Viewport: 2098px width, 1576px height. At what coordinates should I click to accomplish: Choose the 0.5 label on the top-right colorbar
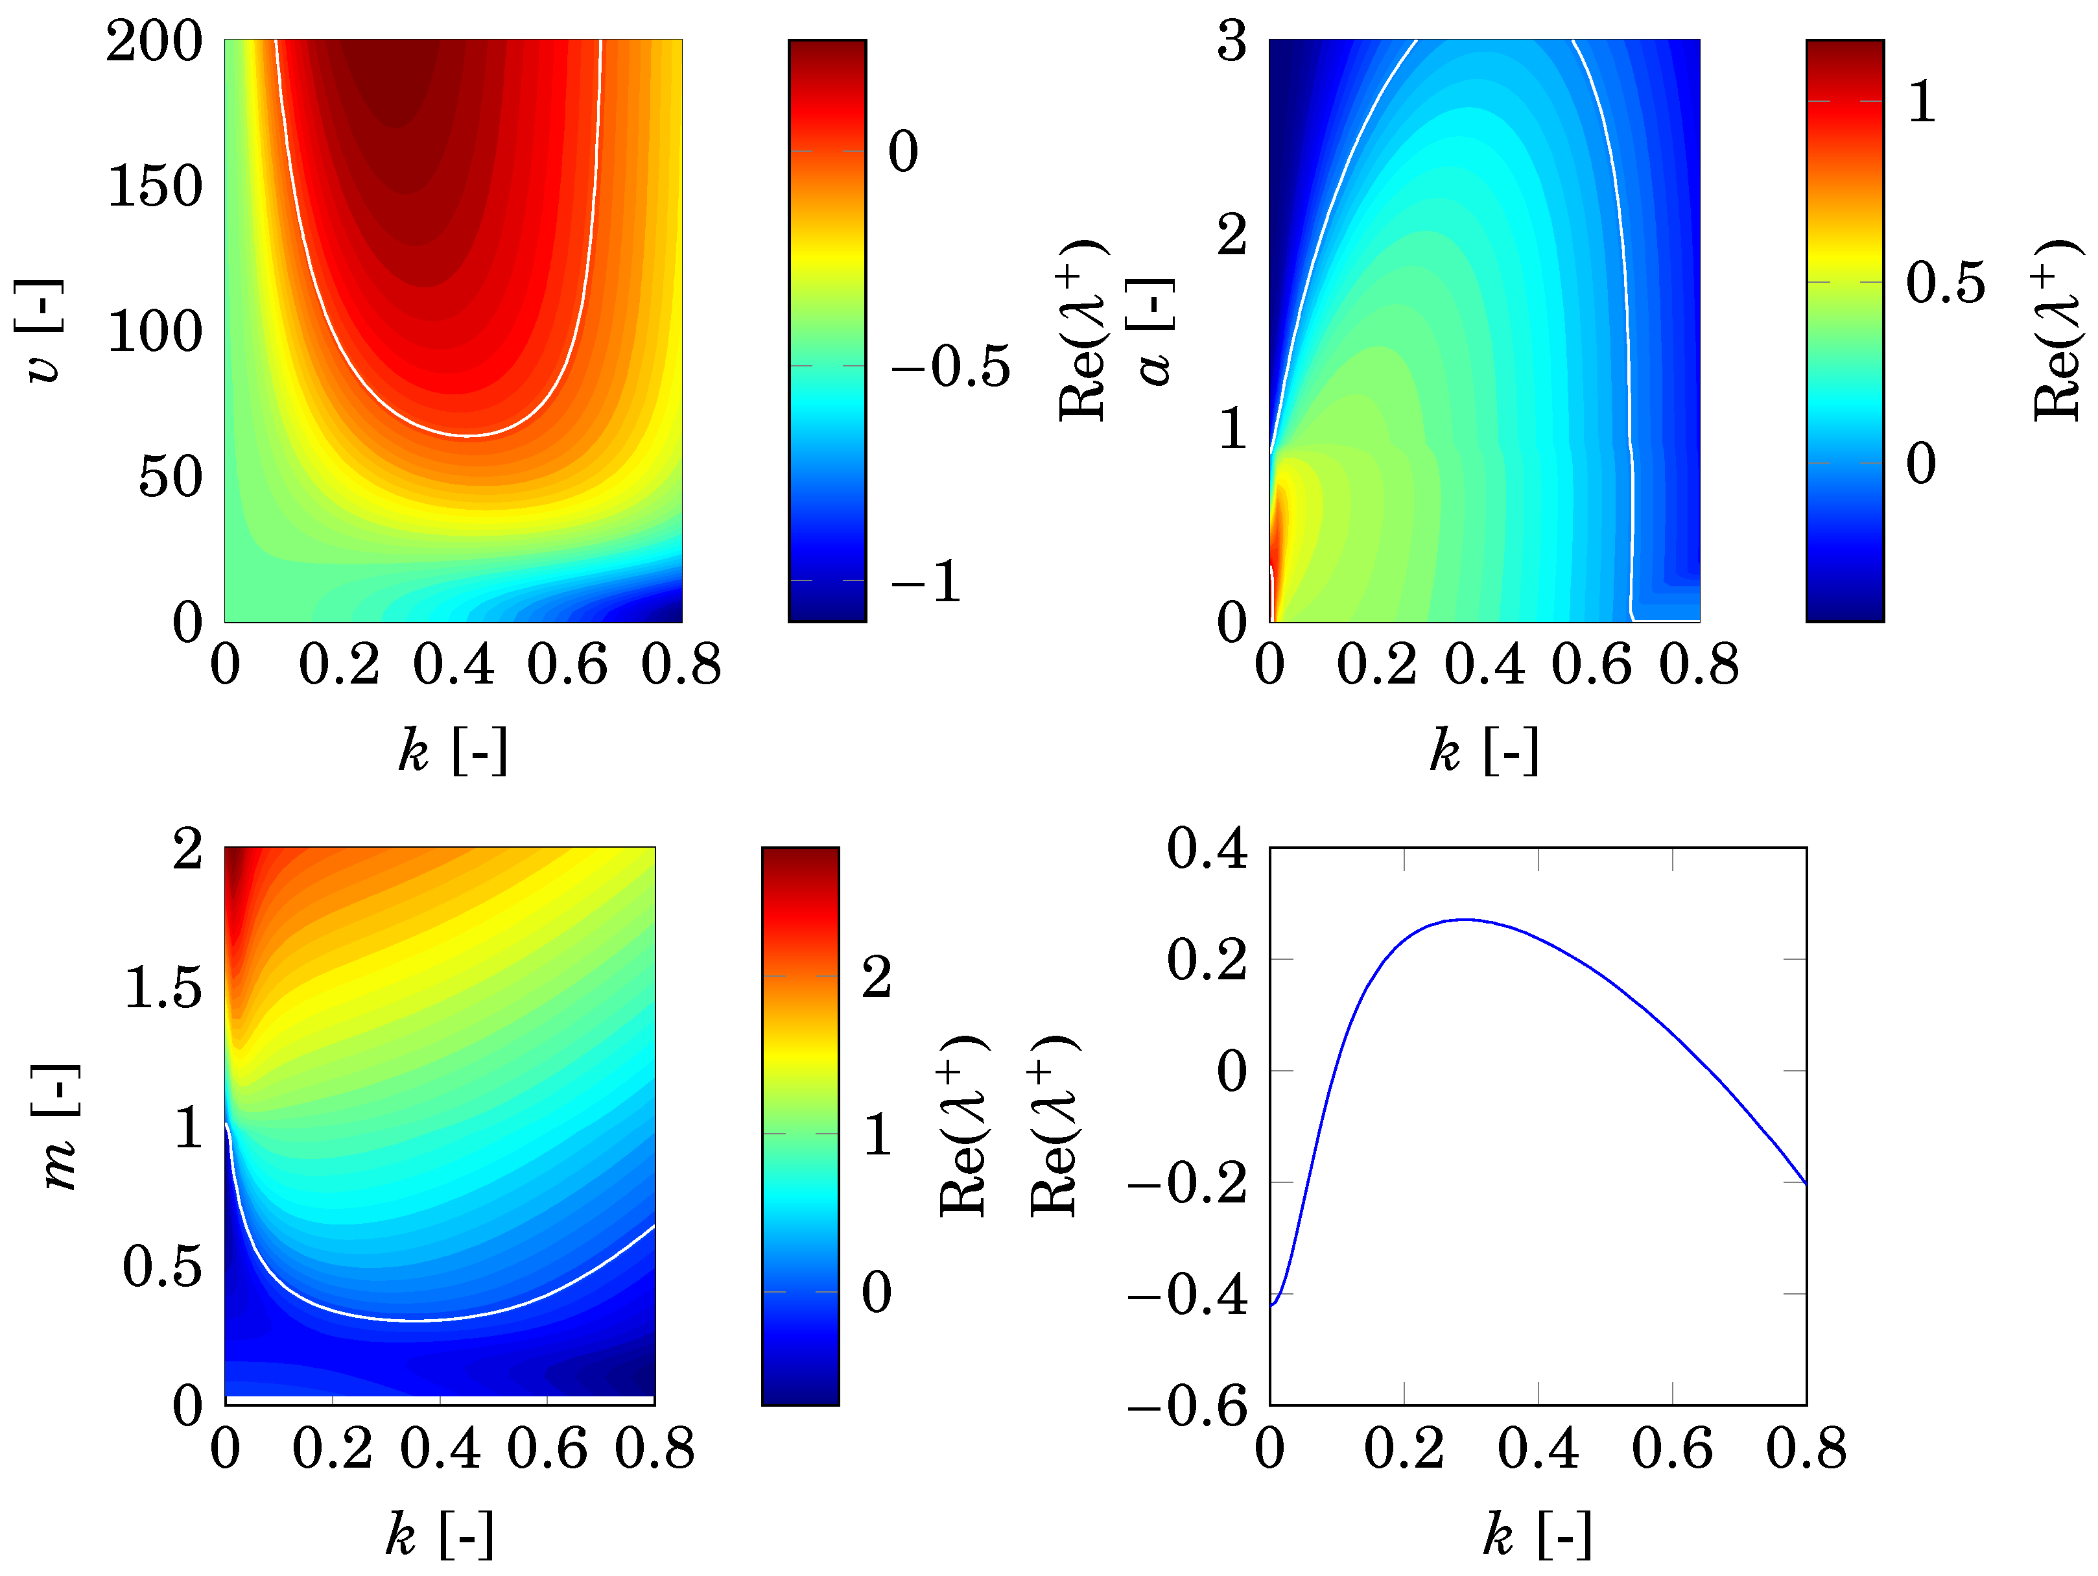click(1945, 283)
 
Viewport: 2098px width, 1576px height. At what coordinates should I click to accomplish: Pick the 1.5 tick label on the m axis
click(163, 988)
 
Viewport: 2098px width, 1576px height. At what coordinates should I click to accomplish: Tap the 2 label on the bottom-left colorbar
click(877, 976)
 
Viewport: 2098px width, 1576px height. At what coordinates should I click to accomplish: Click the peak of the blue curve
click(1465, 920)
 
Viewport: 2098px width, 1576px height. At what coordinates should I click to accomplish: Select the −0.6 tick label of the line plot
click(1188, 1405)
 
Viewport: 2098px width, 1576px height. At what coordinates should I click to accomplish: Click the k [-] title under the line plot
click(1537, 1534)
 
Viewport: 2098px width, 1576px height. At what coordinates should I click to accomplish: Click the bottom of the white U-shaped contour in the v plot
click(467, 436)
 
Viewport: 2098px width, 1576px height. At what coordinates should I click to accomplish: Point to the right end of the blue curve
click(1805, 1183)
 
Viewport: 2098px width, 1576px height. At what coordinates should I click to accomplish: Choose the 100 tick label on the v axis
click(154, 331)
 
